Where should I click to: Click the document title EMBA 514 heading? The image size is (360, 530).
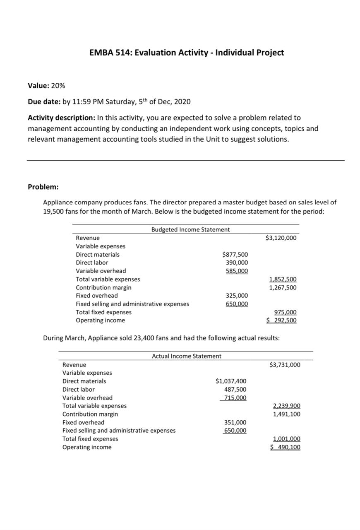(x=187, y=53)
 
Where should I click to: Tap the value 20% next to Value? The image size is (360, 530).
(x=58, y=86)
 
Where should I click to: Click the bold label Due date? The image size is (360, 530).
(x=43, y=102)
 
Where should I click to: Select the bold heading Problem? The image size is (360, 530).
(x=43, y=187)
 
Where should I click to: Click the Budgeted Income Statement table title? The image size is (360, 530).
(x=190, y=229)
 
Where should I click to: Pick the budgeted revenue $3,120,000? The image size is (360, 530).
(x=281, y=238)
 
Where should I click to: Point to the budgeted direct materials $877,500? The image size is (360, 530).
(x=235, y=255)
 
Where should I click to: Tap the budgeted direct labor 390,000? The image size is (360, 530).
(x=237, y=263)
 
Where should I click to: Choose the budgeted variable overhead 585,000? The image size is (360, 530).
(x=237, y=271)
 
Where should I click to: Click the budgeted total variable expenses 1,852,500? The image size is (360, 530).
(x=283, y=279)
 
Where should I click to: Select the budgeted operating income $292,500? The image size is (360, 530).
(x=281, y=320)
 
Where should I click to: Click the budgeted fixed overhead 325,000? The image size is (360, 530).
(x=237, y=296)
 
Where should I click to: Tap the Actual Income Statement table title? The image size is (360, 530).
(x=187, y=356)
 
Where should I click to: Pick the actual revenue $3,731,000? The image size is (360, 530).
(x=285, y=365)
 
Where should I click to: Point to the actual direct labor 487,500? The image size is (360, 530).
(x=235, y=389)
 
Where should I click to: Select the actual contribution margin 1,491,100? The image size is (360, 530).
(x=287, y=414)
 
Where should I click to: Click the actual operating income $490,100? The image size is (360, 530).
(x=285, y=447)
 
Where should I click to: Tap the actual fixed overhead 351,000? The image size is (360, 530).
(x=235, y=422)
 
